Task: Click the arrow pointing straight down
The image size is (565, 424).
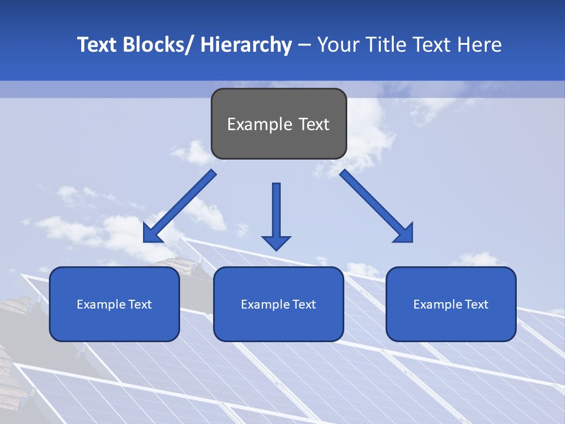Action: (x=276, y=215)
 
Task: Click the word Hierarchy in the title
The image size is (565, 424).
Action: (x=246, y=45)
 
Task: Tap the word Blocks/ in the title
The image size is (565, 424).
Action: (x=154, y=45)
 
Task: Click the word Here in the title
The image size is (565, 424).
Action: (x=480, y=45)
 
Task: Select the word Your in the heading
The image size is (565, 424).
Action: (x=337, y=45)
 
